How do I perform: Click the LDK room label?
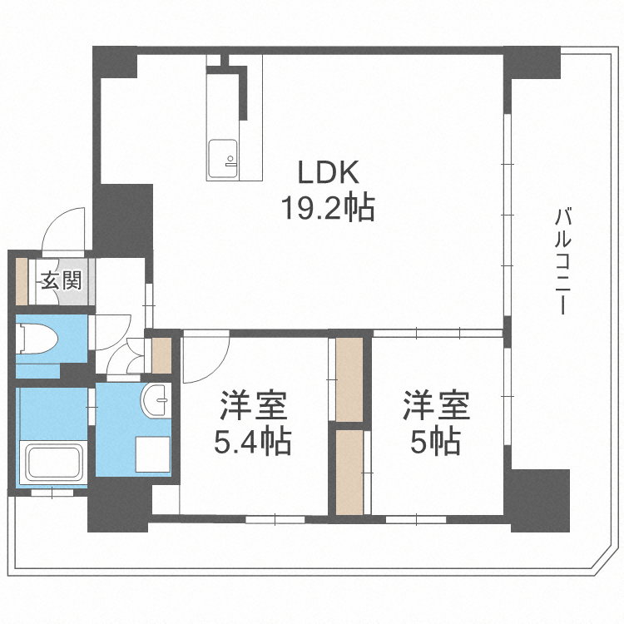point(329,172)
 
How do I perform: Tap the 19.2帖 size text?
point(328,207)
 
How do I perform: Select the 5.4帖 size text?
point(253,441)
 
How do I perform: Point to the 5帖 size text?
point(436,441)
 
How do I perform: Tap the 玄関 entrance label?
point(62,280)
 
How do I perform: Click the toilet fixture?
point(37,339)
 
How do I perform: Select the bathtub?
point(53,463)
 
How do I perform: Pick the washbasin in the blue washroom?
point(156,400)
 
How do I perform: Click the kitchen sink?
point(223,159)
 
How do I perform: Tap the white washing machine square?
point(152,454)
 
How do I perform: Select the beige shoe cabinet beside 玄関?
point(22,282)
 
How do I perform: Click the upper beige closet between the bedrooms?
point(349,379)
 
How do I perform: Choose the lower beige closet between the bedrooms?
point(349,472)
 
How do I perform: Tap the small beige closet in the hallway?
point(161,355)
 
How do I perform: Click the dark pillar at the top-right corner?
point(532,63)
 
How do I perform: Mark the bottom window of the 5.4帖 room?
point(275,519)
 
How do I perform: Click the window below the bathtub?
point(52,493)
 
